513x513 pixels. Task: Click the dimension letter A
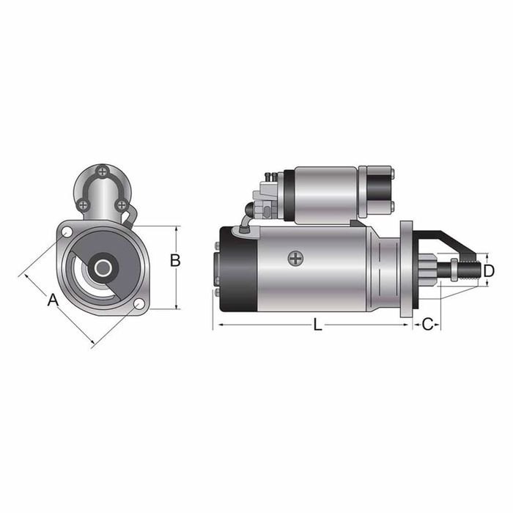(52, 300)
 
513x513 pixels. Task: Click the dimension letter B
(175, 259)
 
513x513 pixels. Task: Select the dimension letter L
(317, 325)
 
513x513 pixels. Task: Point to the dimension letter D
(490, 271)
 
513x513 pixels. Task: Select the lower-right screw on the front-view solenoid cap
(122, 204)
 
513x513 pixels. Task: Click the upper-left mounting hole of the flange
(67, 233)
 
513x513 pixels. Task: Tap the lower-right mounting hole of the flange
(139, 304)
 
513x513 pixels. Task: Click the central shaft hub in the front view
(101, 268)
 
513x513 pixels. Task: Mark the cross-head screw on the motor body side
(295, 259)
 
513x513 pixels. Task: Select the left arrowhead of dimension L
(215, 324)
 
